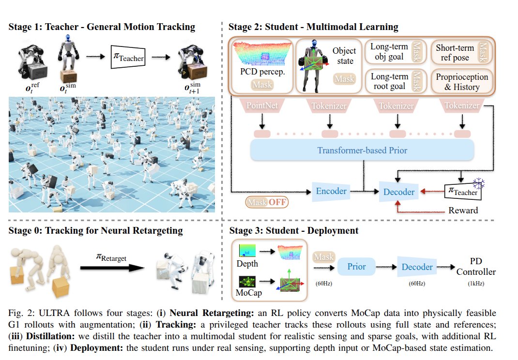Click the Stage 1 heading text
point(102,27)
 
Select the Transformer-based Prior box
point(362,150)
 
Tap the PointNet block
point(262,106)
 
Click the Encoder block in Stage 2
point(332,192)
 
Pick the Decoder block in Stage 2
point(399,192)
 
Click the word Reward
point(463,210)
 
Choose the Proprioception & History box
point(462,82)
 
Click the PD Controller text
point(476,267)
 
